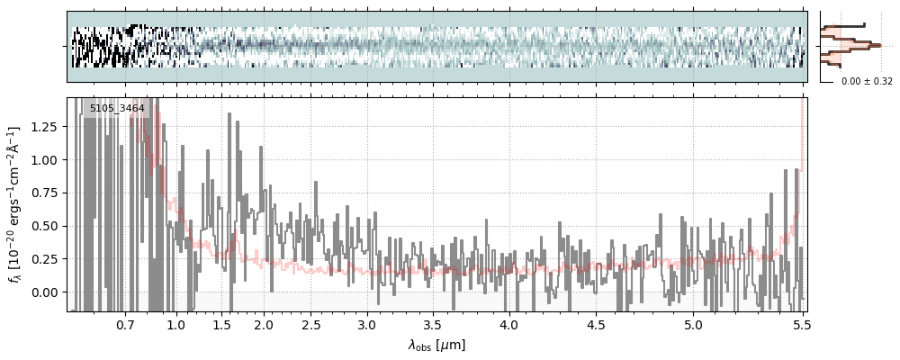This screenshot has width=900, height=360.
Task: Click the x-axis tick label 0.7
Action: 125,324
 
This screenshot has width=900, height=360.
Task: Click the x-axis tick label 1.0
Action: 175,324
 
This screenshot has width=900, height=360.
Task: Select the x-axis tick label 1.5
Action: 221,324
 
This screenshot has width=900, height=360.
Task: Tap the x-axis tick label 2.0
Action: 263,324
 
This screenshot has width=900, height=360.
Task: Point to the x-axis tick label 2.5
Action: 311,324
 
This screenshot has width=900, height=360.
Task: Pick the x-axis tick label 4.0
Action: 508,324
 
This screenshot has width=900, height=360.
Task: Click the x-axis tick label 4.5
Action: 596,324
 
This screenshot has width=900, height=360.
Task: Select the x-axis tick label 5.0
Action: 693,324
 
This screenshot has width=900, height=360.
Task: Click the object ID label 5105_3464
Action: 117,109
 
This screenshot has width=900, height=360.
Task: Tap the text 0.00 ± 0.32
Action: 867,81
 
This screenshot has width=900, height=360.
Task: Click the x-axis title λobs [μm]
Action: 436,345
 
